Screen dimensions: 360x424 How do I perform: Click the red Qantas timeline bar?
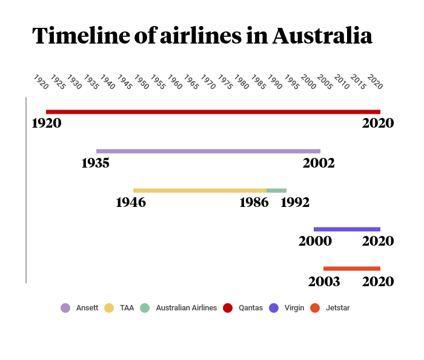coord(213,112)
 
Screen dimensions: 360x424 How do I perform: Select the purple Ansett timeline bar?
coord(208,151)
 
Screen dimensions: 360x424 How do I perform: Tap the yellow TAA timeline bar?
coord(199,191)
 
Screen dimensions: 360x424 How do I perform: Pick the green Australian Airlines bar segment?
coord(276,191)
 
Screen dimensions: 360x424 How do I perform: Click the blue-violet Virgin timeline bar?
coord(346,229)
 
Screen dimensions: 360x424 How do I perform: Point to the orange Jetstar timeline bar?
coord(351,269)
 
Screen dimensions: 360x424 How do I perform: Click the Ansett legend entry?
coord(79,308)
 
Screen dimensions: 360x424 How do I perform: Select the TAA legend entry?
coord(119,308)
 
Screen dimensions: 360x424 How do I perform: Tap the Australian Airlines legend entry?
coord(178,308)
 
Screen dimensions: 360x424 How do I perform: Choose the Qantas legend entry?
coord(243,308)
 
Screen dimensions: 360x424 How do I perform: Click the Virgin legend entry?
coord(287,308)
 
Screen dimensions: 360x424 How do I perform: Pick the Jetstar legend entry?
coord(330,308)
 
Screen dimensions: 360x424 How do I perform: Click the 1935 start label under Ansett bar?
coord(95,163)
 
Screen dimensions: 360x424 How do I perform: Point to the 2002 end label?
coord(319,163)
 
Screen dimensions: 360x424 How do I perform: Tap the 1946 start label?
coord(131,202)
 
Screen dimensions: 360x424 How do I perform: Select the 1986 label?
coord(254,202)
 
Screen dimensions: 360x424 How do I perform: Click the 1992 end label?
coord(295,202)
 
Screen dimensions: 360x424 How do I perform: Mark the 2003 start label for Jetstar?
coord(324,281)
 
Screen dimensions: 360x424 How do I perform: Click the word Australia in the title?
coord(322,36)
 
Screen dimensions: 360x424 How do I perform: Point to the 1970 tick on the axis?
coord(208,83)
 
